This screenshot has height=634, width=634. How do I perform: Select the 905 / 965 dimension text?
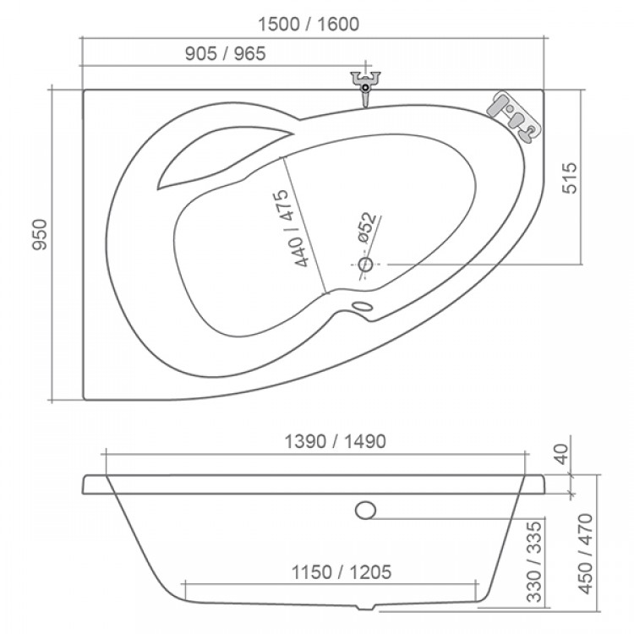(x=225, y=54)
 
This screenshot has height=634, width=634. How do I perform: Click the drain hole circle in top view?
(x=365, y=265)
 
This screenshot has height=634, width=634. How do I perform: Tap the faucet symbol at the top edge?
(x=365, y=88)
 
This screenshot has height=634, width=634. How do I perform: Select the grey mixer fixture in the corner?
(x=514, y=115)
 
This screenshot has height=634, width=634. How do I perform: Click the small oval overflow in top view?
(x=363, y=307)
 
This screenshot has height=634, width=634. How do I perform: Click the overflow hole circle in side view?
(x=366, y=510)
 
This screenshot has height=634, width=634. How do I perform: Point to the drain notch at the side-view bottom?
(x=365, y=607)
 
